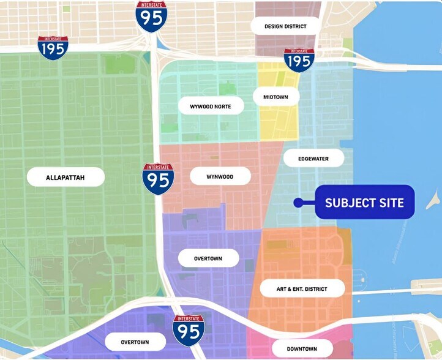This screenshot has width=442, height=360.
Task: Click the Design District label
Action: click(285, 26)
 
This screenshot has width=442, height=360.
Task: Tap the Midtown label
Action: click(275, 97)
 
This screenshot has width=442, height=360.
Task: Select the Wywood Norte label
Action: click(211, 107)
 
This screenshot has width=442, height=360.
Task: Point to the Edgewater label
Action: click(313, 159)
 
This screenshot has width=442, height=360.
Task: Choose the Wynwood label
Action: click(220, 176)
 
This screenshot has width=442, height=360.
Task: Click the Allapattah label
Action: click(66, 178)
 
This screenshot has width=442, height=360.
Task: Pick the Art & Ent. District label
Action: click(302, 288)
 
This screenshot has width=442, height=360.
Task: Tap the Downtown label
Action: click(302, 348)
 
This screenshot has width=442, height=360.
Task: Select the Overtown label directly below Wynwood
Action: click(208, 258)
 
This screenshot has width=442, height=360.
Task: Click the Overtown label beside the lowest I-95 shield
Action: click(135, 342)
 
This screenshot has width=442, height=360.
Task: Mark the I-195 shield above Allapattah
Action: click(53, 47)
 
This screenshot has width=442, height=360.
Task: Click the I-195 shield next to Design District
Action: click(299, 59)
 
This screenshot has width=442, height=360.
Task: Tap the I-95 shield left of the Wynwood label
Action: click(158, 179)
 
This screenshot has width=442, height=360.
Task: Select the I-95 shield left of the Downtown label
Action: click(189, 330)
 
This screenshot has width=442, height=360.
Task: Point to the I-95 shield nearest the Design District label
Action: click(151, 17)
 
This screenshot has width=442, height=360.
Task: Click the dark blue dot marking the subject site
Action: click(297, 202)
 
